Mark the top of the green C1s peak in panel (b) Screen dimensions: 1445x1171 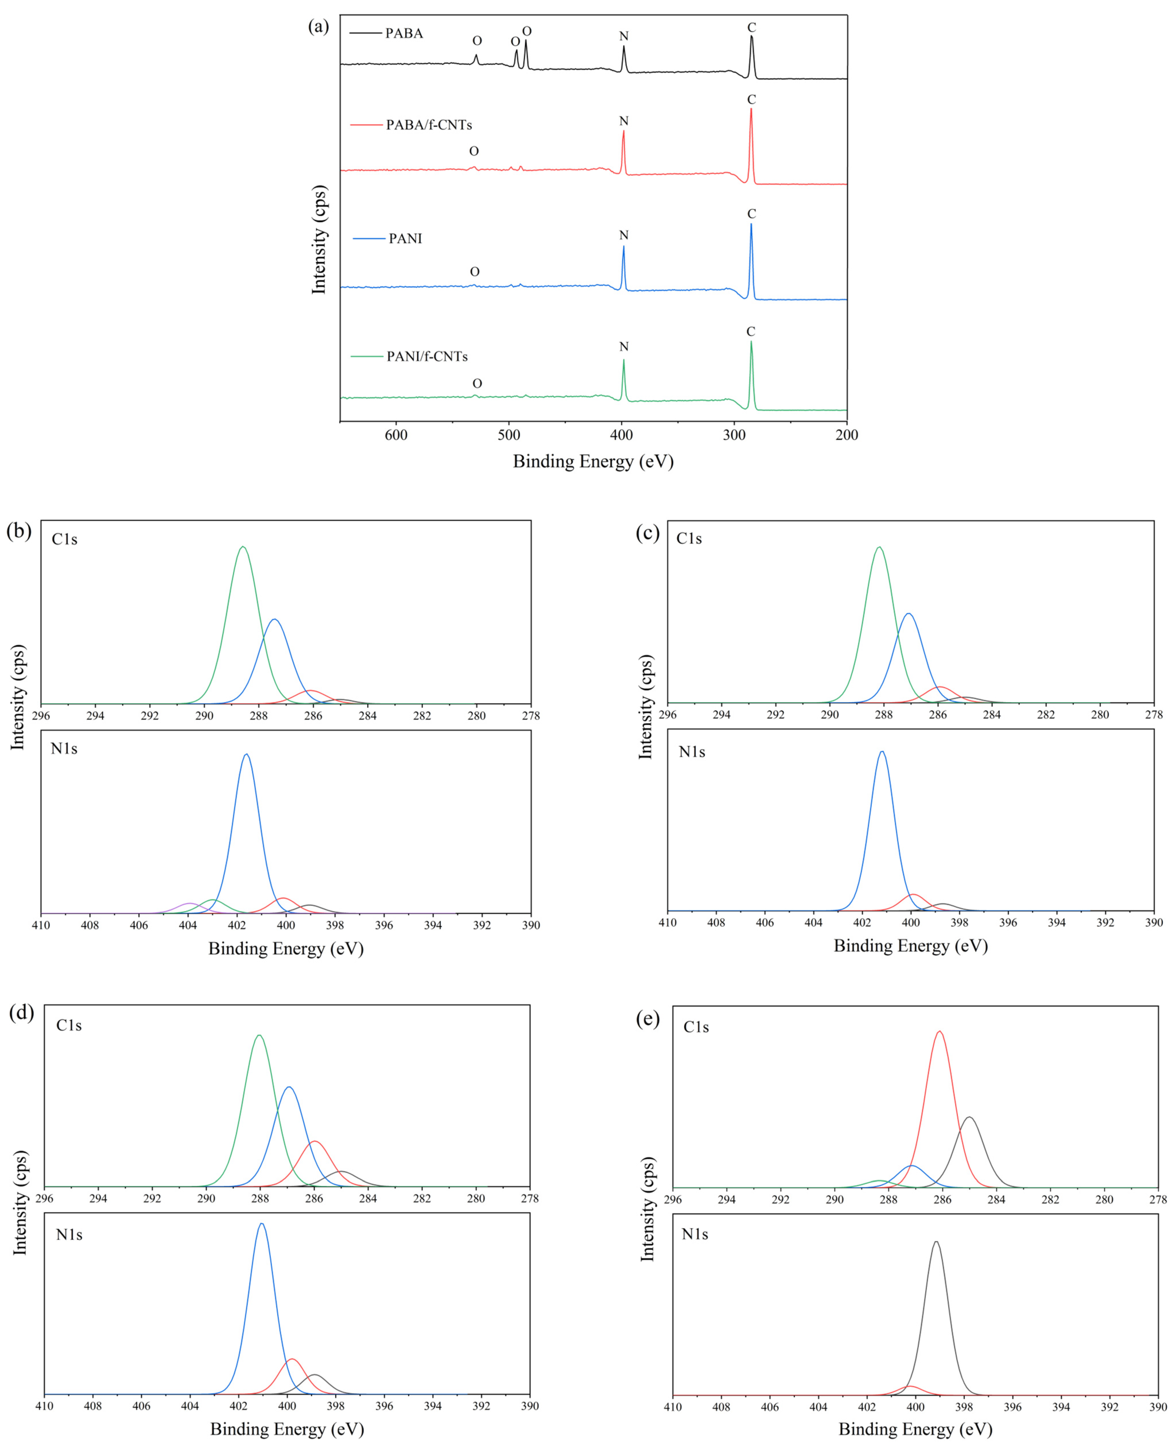pos(243,547)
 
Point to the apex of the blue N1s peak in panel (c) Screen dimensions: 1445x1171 pos(882,752)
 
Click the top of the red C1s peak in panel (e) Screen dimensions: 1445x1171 pos(939,1032)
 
